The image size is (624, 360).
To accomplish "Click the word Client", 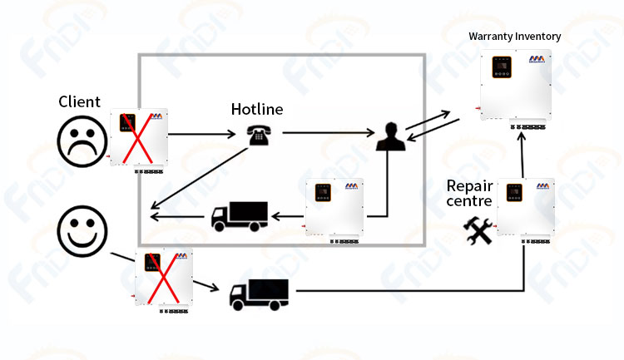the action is [x=79, y=101].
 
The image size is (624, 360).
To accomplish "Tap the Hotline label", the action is [x=257, y=109].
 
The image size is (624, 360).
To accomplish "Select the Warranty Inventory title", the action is [x=514, y=37].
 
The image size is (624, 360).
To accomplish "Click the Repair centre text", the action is [x=469, y=194].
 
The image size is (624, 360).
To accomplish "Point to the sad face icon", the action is [x=82, y=141].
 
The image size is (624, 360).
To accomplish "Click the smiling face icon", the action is [x=82, y=231].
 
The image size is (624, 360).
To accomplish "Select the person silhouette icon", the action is [x=391, y=136].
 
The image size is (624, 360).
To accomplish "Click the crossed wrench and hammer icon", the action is [x=478, y=230].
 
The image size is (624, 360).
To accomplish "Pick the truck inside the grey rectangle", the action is [x=239, y=216].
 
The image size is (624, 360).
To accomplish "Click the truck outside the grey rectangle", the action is [x=259, y=294].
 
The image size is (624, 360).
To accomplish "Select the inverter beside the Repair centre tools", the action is [x=525, y=211].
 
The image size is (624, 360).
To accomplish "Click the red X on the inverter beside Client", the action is [x=137, y=139].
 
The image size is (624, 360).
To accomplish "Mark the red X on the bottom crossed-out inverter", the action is [x=163, y=279].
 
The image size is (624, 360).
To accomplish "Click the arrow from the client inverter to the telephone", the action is [x=202, y=135].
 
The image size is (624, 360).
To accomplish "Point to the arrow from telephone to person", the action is [x=329, y=132].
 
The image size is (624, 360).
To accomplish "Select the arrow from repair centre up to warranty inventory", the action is [x=522, y=155].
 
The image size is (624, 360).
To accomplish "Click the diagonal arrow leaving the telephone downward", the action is [x=200, y=178].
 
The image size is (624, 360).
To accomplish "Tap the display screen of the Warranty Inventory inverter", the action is [x=502, y=67].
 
